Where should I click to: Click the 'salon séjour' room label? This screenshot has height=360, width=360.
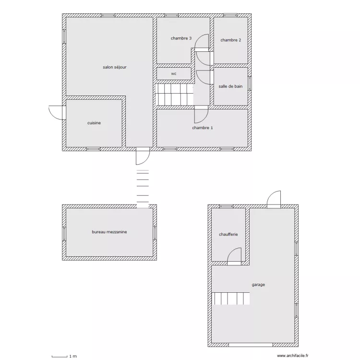pyautogui.click(x=115, y=67)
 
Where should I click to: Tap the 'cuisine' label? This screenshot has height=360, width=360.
pyautogui.click(x=94, y=123)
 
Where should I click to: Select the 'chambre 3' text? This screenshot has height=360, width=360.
pyautogui.click(x=181, y=38)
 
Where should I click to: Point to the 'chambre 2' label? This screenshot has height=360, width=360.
pyautogui.click(x=231, y=40)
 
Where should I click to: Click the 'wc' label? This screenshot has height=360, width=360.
pyautogui.click(x=174, y=74)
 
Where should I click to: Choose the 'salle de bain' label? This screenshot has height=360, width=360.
pyautogui.click(x=230, y=86)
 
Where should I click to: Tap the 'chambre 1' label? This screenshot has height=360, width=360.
pyautogui.click(x=203, y=128)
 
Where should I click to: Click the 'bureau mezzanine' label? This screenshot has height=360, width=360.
pyautogui.click(x=109, y=232)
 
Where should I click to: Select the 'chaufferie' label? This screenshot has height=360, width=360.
pyautogui.click(x=228, y=234)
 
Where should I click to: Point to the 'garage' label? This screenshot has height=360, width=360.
pyautogui.click(x=258, y=285)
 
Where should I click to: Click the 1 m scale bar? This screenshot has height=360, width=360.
pyautogui.click(x=60, y=356)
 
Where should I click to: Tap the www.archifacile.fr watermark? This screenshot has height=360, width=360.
pyautogui.click(x=293, y=356)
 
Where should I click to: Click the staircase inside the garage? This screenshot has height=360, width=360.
pyautogui.click(x=230, y=299)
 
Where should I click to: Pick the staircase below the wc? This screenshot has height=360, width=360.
pyautogui.click(x=175, y=95)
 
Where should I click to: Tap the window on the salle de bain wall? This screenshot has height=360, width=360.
pyautogui.click(x=250, y=84)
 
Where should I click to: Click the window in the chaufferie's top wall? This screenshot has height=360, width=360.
pyautogui.click(x=227, y=206)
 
